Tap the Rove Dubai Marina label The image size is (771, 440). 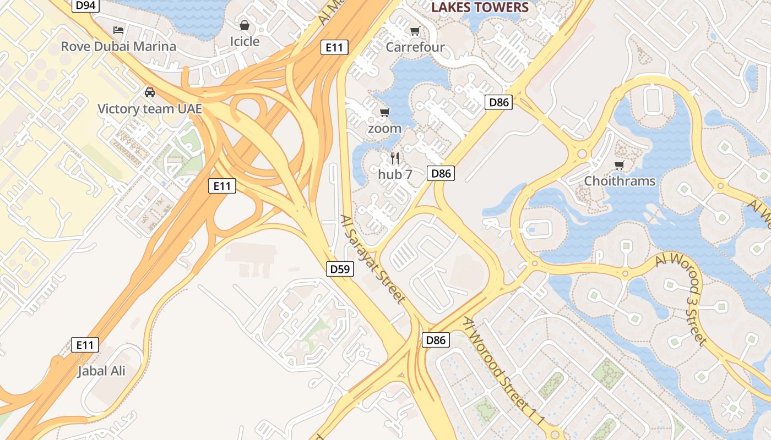(118, 46)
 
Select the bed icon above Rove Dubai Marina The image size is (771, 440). (118, 30)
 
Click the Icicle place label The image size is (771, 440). (244, 41)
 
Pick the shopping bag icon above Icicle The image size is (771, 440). (244, 25)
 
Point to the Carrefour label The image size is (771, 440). (415, 47)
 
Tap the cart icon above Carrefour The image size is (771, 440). (415, 31)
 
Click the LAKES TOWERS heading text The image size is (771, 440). (480, 7)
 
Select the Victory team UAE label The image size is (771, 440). (150, 108)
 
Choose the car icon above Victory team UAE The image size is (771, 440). (150, 92)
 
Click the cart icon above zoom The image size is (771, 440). (385, 112)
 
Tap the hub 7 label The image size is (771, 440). (395, 174)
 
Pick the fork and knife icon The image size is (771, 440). (395, 158)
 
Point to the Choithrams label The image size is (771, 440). (620, 181)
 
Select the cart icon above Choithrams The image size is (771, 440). (620, 164)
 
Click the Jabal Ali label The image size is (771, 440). (101, 371)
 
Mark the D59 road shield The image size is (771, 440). (340, 269)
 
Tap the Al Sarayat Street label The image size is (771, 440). (373, 258)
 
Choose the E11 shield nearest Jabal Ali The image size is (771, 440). (85, 345)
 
